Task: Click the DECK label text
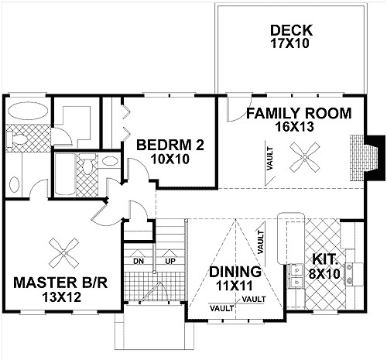point(291,30)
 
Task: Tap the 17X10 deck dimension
point(289,43)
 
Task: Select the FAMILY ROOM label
point(299,114)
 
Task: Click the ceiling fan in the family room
point(305,157)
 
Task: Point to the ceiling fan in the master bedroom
point(63,253)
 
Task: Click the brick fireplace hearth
point(357,157)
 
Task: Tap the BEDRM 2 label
point(170,145)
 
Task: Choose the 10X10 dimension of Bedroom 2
point(170,159)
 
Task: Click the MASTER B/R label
point(60,283)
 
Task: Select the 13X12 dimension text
point(62,297)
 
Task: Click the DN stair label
point(139,262)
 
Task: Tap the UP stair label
point(170,262)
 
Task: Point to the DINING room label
point(235,272)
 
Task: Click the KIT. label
point(325,259)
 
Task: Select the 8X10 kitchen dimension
point(324,273)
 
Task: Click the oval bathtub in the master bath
point(28,111)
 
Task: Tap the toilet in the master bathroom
point(16,139)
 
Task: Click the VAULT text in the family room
point(270,159)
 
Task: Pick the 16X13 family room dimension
point(294,127)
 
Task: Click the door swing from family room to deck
point(238,108)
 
